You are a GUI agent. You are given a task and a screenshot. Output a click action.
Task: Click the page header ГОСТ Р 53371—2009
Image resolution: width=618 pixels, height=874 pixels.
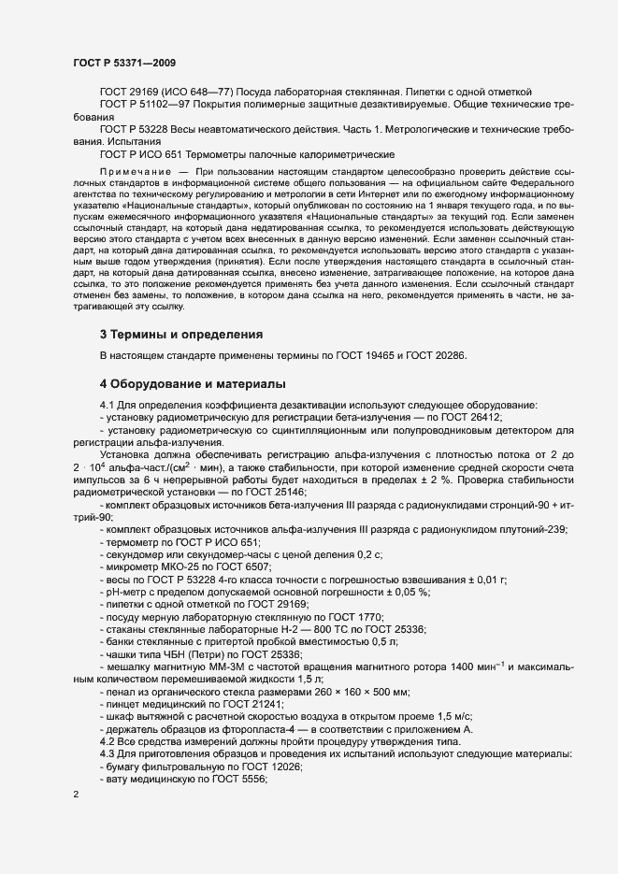point(124,62)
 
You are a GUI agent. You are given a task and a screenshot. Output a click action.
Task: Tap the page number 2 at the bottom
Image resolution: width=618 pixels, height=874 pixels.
point(76,795)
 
